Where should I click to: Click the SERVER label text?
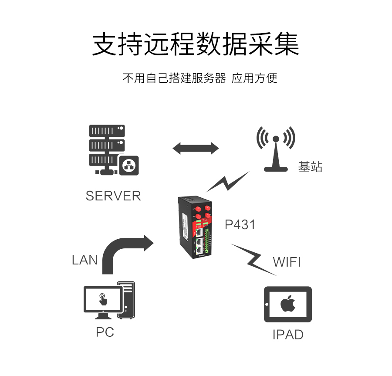click(113, 196)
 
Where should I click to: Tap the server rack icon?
click(109, 149)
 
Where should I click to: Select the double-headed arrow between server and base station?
click(196, 148)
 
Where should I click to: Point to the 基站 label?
click(310, 166)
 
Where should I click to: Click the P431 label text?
click(240, 225)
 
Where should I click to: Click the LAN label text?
click(84, 260)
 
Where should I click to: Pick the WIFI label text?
click(287, 262)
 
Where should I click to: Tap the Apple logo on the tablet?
click(287, 304)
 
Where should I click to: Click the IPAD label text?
click(287, 335)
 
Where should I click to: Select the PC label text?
click(105, 332)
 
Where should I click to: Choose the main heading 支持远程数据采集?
click(196, 44)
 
